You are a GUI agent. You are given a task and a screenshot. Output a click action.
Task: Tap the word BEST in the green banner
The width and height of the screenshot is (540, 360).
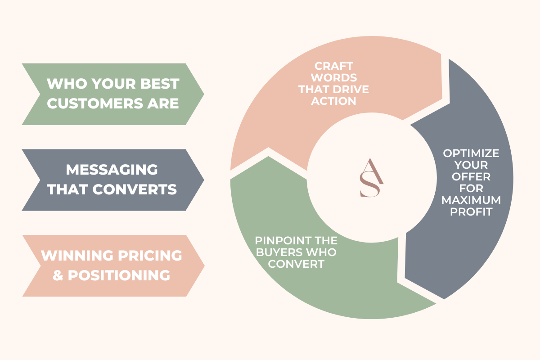point(160,84)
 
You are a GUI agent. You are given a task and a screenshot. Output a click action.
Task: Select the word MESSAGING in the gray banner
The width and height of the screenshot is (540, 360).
point(112,170)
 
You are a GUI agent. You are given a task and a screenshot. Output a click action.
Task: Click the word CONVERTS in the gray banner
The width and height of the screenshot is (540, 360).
point(135,189)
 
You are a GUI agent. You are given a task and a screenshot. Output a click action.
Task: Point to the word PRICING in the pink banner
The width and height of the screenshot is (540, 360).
point(150,256)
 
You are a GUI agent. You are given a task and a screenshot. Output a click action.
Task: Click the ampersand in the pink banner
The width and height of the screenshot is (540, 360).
point(58,275)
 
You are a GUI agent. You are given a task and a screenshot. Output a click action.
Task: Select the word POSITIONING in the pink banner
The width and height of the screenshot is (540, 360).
point(119,275)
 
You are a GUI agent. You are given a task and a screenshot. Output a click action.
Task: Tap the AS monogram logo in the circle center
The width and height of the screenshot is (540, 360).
point(372,178)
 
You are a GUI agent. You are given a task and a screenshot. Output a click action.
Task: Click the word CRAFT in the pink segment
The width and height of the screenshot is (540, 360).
point(333,66)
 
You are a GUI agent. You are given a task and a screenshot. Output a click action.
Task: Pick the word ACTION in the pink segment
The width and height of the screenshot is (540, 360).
point(333,101)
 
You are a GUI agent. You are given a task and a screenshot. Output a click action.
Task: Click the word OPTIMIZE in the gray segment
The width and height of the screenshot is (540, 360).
point(471,153)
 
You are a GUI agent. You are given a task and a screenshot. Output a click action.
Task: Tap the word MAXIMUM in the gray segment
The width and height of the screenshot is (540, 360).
point(471,200)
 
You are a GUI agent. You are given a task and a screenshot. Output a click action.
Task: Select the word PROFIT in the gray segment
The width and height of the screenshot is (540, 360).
point(471,211)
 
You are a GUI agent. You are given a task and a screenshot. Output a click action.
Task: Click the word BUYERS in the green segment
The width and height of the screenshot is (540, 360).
point(277,252)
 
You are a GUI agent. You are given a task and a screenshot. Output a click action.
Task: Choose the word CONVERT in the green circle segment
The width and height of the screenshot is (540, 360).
point(296,264)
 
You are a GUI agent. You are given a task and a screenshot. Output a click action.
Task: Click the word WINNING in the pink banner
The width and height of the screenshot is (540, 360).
point(77,256)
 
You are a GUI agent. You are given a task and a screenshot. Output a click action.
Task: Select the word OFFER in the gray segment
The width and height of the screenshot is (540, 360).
point(471,177)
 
